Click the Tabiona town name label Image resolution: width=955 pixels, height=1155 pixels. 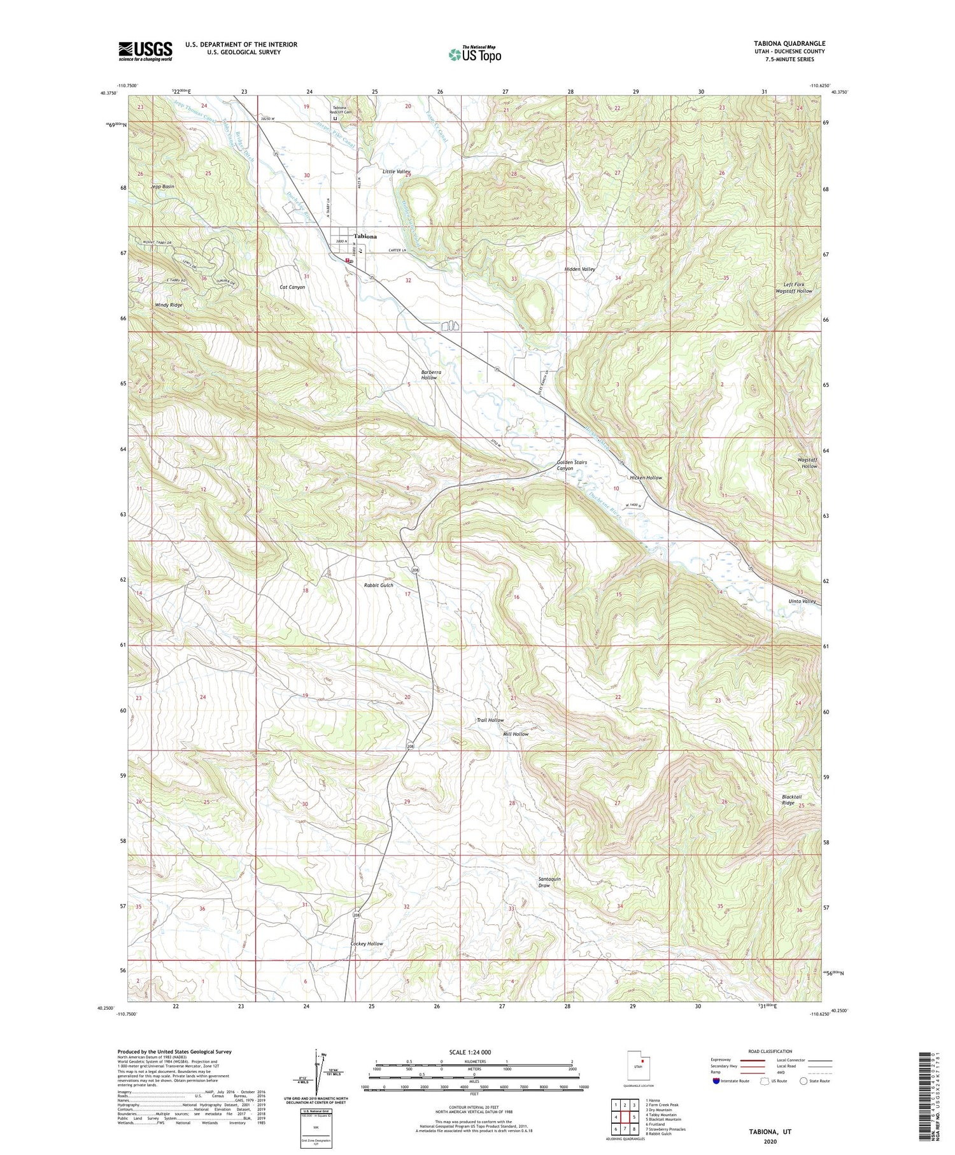[365, 236]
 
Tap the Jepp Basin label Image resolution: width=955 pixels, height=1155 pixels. [162, 187]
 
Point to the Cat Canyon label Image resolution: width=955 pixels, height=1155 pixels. [292, 287]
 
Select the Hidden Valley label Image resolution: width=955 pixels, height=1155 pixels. [579, 269]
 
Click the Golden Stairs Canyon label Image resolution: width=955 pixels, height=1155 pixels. [572, 465]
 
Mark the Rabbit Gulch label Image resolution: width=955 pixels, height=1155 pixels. [378, 585]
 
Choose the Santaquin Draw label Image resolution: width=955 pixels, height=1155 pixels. [549, 882]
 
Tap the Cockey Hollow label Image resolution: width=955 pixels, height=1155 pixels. [367, 943]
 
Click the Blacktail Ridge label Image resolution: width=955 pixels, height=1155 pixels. [791, 800]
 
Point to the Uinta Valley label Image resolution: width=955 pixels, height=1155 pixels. [802, 601]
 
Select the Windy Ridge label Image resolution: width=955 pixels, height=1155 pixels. [169, 305]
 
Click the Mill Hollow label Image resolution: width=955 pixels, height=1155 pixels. [516, 734]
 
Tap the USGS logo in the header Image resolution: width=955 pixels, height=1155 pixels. [145, 51]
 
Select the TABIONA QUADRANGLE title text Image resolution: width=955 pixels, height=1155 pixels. [789, 43]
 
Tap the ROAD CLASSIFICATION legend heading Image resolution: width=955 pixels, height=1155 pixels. [770, 1051]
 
